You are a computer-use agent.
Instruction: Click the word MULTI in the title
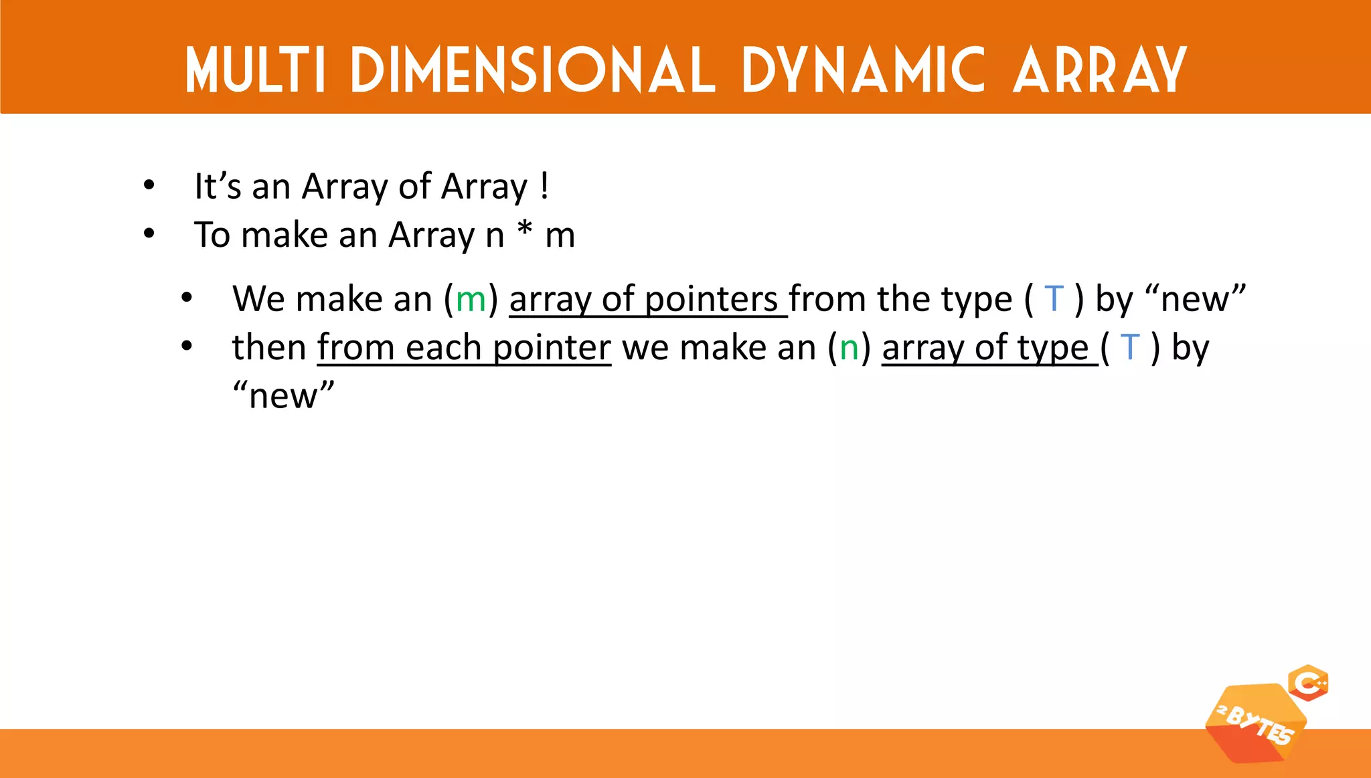(254, 70)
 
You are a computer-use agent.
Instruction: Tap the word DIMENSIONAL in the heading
(533, 70)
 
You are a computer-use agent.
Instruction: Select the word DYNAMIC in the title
(864, 70)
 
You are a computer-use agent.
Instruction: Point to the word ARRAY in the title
(1100, 70)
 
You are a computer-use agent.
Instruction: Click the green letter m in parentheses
(471, 299)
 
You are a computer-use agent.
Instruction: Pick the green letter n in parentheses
(849, 348)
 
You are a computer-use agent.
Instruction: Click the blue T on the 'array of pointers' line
(1054, 298)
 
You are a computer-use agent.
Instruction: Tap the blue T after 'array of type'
(1130, 347)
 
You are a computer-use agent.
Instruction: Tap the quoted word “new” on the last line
(283, 395)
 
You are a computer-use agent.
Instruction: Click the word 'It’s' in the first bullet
(218, 186)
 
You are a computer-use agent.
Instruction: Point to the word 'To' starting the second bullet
(212, 235)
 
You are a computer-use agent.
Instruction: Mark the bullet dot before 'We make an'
(187, 298)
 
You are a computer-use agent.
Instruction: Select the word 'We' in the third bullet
(258, 299)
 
